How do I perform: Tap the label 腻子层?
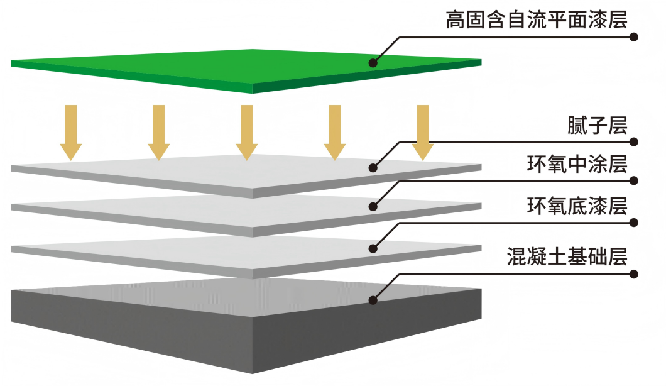coord(596,126)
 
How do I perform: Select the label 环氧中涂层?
coord(577,165)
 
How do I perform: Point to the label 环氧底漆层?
coord(577,206)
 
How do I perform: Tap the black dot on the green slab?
coord(373,63)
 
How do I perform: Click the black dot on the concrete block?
coord(373,301)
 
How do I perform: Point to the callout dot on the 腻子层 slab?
coord(373,168)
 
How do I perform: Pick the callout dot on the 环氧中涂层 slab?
coord(373,206)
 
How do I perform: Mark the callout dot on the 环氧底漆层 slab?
coord(373,248)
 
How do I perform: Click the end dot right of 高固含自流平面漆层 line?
coord(634,37)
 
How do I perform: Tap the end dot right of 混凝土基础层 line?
coord(634,274)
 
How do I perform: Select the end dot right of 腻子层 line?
coord(634,142)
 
